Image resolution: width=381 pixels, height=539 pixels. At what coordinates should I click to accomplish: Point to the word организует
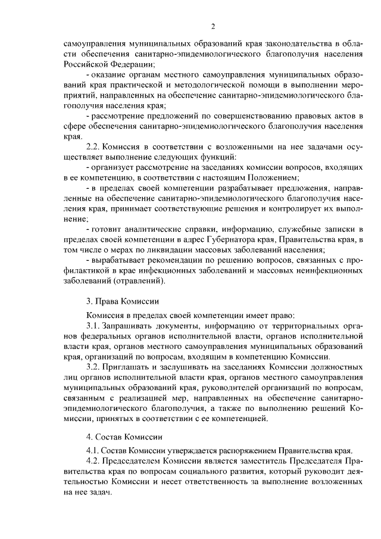click(112, 167)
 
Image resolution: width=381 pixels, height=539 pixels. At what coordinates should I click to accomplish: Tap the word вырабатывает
click(118, 261)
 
